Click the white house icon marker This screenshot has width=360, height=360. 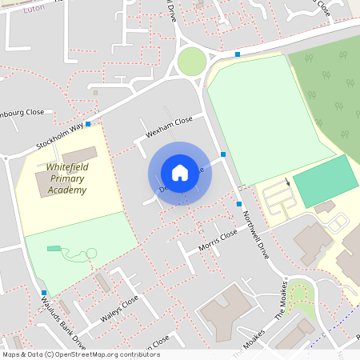179,173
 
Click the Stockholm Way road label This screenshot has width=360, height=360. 59,137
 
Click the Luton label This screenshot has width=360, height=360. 34,7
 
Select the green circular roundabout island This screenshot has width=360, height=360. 192,61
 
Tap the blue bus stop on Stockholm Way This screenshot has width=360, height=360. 88,123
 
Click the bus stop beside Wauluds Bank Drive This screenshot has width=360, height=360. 43,293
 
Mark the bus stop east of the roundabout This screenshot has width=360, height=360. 238,54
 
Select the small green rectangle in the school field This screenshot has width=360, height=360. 54,249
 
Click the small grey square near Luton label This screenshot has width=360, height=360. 95,92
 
